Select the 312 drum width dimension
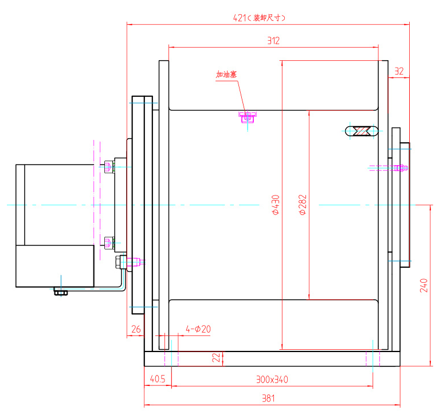[x=273, y=41]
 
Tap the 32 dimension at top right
[x=399, y=72]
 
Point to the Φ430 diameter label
[x=275, y=205]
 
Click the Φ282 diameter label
[x=303, y=205]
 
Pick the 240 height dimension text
[x=424, y=285]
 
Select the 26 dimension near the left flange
[x=136, y=329]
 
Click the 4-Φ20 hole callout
[x=198, y=329]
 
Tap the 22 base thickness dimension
[x=216, y=358]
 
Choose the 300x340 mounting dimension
[x=272, y=379]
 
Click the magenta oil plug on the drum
[x=248, y=117]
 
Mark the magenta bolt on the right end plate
[x=399, y=168]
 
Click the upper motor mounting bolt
[x=110, y=167]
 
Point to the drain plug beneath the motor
[x=60, y=292]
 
